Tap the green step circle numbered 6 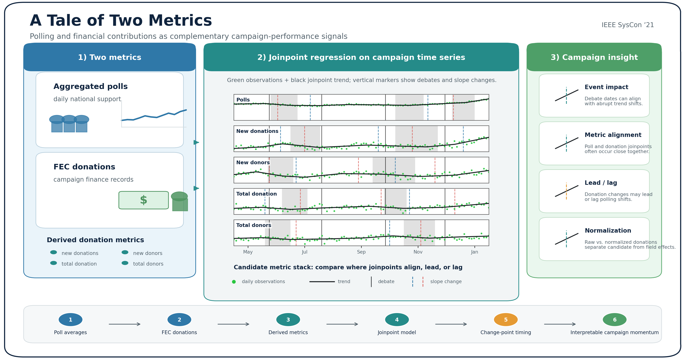614,320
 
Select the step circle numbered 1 70,320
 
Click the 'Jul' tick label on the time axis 304,252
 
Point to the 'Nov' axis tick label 418,252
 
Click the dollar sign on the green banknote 144,200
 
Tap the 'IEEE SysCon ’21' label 628,25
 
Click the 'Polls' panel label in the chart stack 243,100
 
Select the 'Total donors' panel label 254,225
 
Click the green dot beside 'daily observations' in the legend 234,282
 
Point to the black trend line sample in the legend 322,282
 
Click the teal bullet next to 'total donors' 125,263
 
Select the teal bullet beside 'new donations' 53,252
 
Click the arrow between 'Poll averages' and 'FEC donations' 124,324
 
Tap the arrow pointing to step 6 560,324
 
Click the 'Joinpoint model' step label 397,332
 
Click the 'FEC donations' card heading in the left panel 84,167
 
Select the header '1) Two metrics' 110,57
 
